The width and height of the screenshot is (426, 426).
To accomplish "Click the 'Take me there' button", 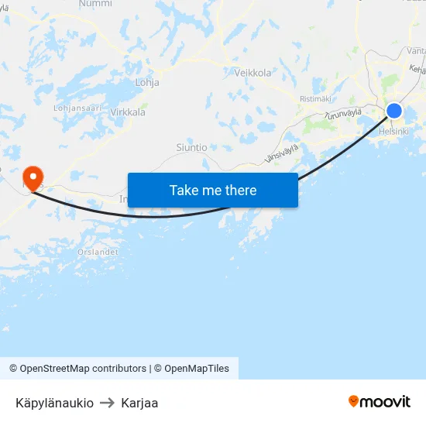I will (x=213, y=190).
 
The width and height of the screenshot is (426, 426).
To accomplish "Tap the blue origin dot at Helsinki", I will (x=394, y=111).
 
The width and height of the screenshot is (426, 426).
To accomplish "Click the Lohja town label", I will (x=147, y=81).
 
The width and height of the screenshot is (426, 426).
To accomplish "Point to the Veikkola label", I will (x=253, y=73).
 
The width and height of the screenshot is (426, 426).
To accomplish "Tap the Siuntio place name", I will (x=191, y=147).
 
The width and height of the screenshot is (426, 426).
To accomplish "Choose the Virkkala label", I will (x=128, y=112).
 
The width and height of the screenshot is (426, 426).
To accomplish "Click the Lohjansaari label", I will (x=77, y=108).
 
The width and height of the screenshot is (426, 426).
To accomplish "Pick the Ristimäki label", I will (x=315, y=99).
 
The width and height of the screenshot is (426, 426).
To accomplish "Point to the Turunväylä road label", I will (x=343, y=114).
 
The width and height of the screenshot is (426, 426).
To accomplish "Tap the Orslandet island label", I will (x=98, y=252).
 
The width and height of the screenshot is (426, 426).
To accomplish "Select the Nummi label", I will (x=95, y=4).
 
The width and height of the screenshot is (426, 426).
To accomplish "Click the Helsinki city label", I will (x=393, y=132).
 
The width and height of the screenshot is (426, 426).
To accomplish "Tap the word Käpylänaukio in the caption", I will (x=54, y=403).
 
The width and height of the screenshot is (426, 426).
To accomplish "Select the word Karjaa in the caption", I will (x=139, y=403).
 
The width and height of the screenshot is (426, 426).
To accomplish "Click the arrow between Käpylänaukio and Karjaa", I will (x=107, y=403).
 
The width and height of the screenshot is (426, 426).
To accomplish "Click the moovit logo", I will (x=380, y=401).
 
